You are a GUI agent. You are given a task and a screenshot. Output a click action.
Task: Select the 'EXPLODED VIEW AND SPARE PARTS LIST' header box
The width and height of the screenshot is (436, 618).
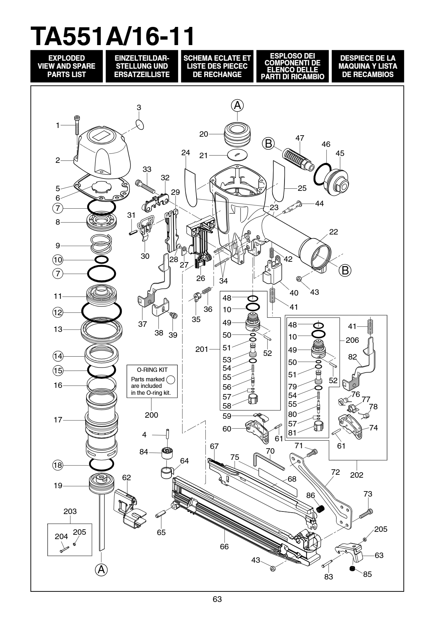pyautogui.click(x=66, y=66)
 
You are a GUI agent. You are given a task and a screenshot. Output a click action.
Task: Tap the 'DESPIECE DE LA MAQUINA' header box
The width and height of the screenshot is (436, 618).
pyautogui.click(x=368, y=66)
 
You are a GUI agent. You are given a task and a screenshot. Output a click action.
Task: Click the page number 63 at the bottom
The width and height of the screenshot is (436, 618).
pyautogui.click(x=217, y=599)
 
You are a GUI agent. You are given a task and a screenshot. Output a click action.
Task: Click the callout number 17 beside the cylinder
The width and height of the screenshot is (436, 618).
pyautogui.click(x=58, y=420)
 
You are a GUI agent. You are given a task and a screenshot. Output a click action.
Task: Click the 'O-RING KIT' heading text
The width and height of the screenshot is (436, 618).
pyautogui.click(x=152, y=370)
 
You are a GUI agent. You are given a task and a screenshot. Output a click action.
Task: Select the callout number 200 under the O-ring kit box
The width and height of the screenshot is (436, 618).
pyautogui.click(x=152, y=415)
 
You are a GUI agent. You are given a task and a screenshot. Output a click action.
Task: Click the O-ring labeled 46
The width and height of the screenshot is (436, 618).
pyautogui.click(x=322, y=174)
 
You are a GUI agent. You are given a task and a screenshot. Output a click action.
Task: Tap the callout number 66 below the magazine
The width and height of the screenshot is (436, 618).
pyautogui.click(x=224, y=545)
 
